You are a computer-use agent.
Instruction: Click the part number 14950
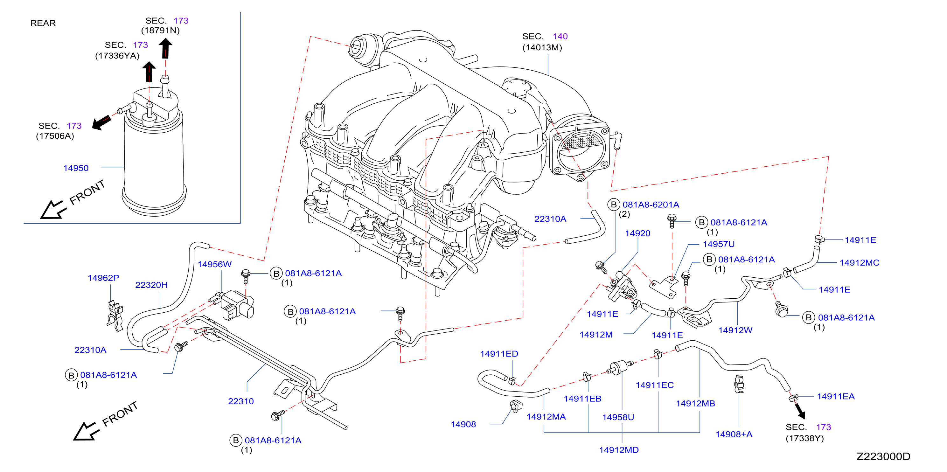(x=76, y=168)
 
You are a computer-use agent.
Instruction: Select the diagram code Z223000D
(x=883, y=456)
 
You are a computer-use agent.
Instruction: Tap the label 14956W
(x=214, y=264)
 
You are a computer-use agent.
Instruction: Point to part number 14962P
(x=103, y=278)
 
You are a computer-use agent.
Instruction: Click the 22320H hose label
(x=151, y=285)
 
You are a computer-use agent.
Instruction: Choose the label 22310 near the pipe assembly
(x=241, y=401)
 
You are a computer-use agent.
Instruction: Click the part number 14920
(x=637, y=233)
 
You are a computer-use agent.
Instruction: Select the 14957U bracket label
(x=718, y=244)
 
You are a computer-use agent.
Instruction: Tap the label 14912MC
(x=859, y=263)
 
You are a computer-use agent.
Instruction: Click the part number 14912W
(x=735, y=330)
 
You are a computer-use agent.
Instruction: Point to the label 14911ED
(x=499, y=354)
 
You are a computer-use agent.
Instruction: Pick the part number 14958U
(x=618, y=417)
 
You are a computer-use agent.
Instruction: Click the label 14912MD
(x=619, y=450)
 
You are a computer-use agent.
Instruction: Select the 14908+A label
(x=734, y=434)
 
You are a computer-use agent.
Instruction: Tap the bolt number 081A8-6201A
(x=651, y=205)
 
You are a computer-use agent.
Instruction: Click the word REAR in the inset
(x=43, y=23)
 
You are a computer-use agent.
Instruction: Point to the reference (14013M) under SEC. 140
(x=542, y=47)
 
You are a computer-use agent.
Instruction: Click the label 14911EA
(x=836, y=396)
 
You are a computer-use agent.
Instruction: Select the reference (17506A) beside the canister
(x=55, y=136)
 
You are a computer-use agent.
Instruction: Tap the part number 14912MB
(x=696, y=404)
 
